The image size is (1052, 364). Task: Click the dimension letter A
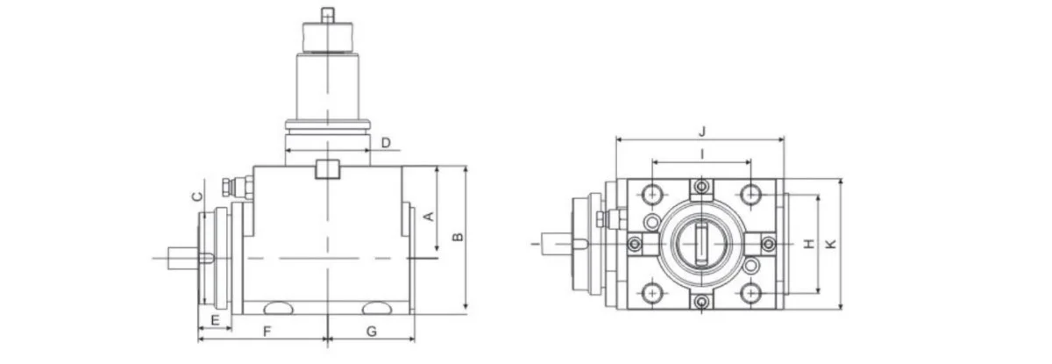tap(429, 216)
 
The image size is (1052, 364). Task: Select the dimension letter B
tap(456, 237)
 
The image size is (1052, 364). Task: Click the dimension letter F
tap(268, 331)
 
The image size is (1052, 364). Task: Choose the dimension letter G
tap(371, 331)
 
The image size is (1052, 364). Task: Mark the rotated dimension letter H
tap(809, 243)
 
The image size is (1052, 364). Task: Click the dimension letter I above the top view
tap(701, 154)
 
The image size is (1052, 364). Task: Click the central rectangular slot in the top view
tap(701, 244)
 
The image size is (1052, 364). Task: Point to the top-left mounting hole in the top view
tap(652, 192)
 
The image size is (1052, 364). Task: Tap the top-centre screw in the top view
tap(701, 187)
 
